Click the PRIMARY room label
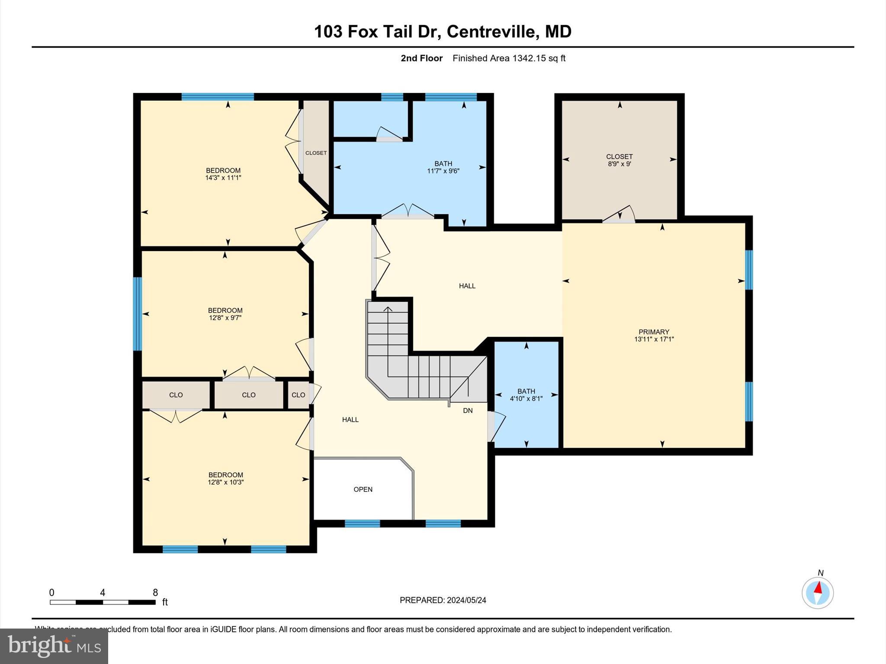pyautogui.click(x=654, y=332)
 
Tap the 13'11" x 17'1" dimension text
pyautogui.click(x=654, y=339)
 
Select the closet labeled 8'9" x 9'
pyautogui.click(x=619, y=160)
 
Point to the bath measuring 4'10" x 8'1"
pyautogui.click(x=526, y=395)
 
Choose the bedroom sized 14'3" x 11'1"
pyautogui.click(x=223, y=174)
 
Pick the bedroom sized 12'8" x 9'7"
pyautogui.click(x=225, y=314)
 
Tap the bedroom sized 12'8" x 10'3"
pyautogui.click(x=225, y=478)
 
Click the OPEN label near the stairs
pyautogui.click(x=363, y=489)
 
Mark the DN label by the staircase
pyautogui.click(x=468, y=411)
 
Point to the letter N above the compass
pyautogui.click(x=820, y=573)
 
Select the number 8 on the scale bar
pyautogui.click(x=155, y=593)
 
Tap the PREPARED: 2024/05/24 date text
pyautogui.click(x=443, y=600)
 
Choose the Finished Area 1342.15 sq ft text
pyautogui.click(x=509, y=58)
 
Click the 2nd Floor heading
pyautogui.click(x=421, y=58)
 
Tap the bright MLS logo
pyautogui.click(x=54, y=646)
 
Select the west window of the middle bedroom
pyautogui.click(x=137, y=314)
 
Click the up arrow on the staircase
pyautogui.click(x=388, y=310)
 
